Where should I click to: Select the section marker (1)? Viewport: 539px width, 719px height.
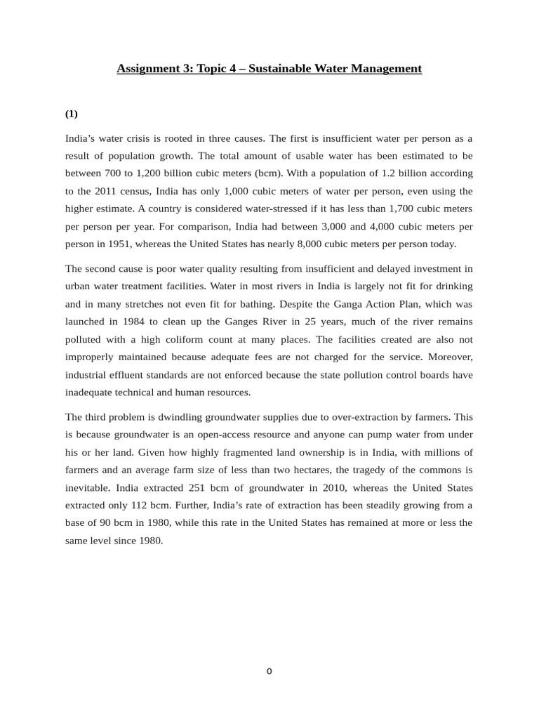tap(72, 114)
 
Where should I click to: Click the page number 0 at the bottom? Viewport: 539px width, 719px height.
tap(269, 671)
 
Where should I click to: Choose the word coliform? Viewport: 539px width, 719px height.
tap(194, 339)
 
